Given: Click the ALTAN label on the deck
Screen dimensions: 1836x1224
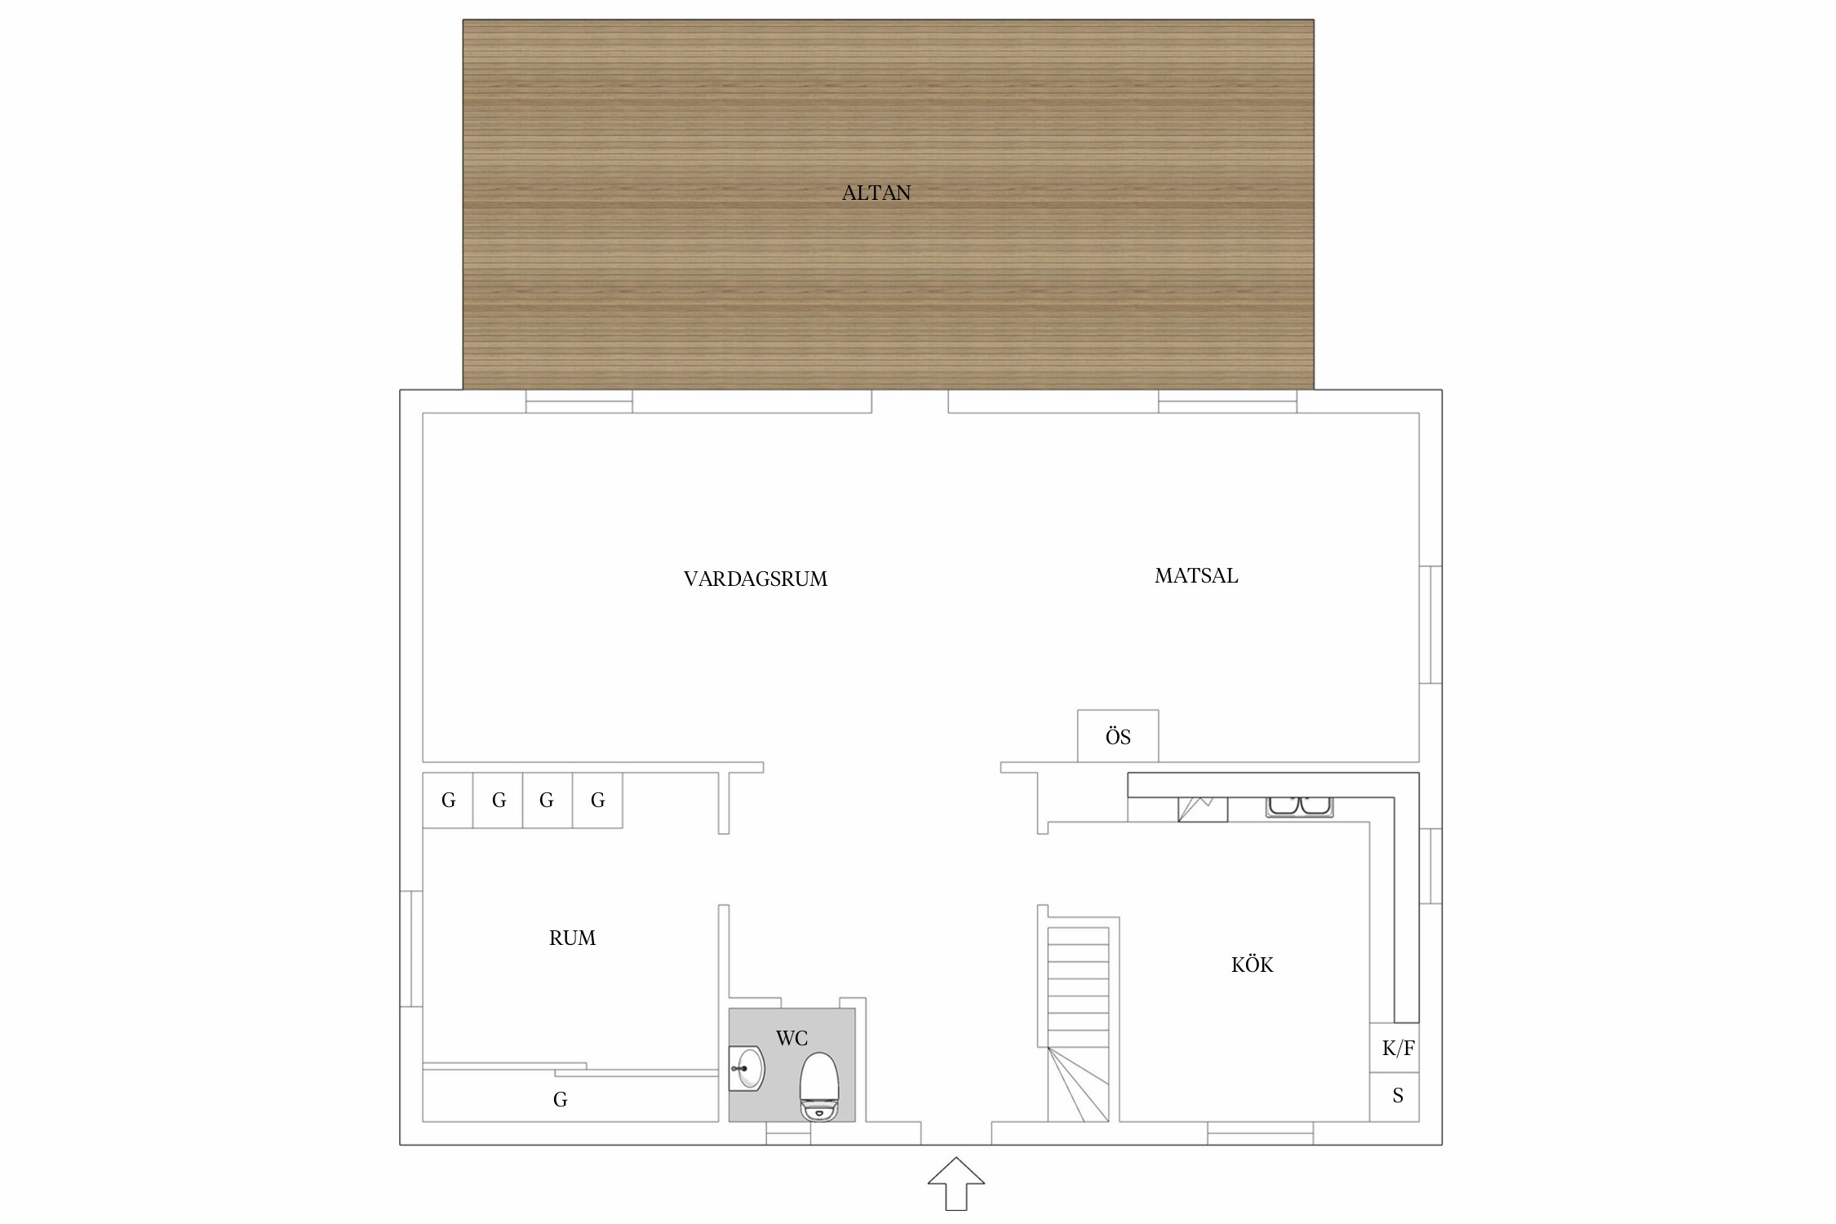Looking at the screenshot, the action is [x=876, y=193].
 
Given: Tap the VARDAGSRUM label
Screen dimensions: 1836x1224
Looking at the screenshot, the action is [x=756, y=579].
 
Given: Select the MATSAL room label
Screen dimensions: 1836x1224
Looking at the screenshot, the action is [x=1196, y=576].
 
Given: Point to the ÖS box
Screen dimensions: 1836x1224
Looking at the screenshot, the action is [x=1118, y=736].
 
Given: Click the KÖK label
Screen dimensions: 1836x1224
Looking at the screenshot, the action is [x=1252, y=965].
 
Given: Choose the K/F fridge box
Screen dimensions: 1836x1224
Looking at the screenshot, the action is [x=1395, y=1048].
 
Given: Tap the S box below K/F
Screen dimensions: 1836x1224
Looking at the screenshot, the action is [x=1395, y=1096].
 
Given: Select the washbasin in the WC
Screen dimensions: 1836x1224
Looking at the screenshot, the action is [x=747, y=1068].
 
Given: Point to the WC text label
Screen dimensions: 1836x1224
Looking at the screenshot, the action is [x=792, y=1038].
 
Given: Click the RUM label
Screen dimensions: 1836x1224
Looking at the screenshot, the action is [x=572, y=938].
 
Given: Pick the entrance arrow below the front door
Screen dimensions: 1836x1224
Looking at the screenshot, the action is [x=956, y=1183].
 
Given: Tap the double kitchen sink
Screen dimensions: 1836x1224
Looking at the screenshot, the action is [x=1299, y=805].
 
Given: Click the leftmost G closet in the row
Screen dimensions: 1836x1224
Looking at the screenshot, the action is [x=448, y=800].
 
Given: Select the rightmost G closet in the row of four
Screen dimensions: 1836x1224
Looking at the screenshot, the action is [x=597, y=800].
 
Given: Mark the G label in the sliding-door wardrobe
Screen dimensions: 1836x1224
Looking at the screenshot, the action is [x=560, y=1100].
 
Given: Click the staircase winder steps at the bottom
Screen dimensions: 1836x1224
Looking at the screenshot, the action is [x=1079, y=1084].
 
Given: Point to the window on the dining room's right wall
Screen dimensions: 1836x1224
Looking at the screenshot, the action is [x=1430, y=624].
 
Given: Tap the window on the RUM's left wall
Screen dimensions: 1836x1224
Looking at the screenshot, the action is [x=411, y=948].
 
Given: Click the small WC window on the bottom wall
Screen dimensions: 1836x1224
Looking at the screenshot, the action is [x=788, y=1133].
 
